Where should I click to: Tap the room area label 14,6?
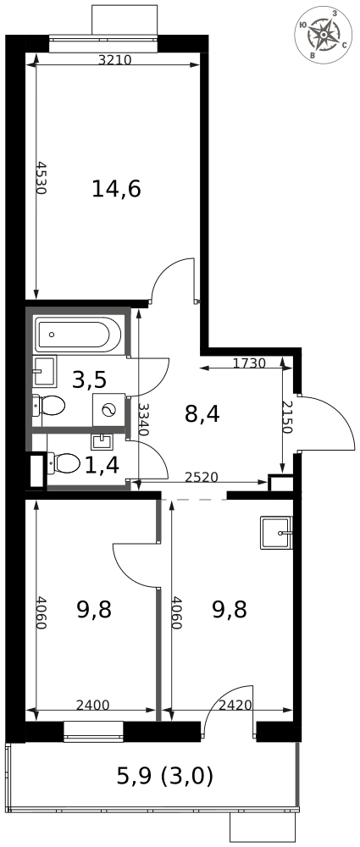coord(116,189)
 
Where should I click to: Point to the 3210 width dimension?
coord(114,60)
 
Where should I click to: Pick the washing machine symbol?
coord(108,409)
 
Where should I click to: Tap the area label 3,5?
coord(89,379)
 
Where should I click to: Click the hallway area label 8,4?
coord(202,415)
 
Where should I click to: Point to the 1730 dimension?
coord(249,363)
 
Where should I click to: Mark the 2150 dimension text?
coord(287,418)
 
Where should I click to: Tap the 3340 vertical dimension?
coord(143,419)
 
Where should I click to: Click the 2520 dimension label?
coord(201,478)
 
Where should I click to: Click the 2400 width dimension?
coord(91,705)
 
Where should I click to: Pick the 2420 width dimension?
coord(235,705)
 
